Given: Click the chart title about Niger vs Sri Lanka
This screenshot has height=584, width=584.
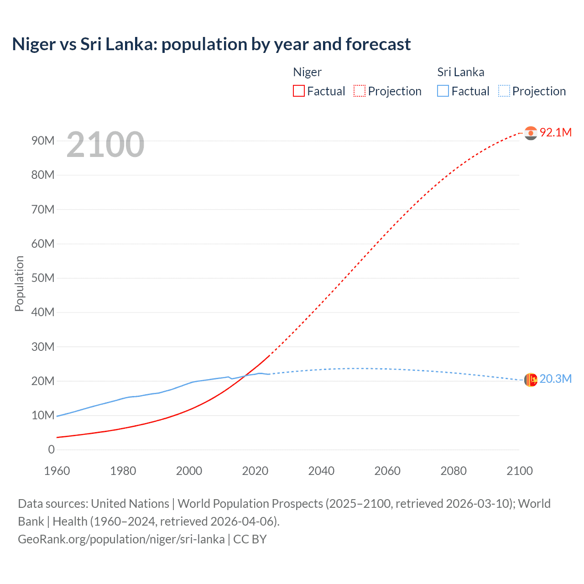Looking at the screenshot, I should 211,44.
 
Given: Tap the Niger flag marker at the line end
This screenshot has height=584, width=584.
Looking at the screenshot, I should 531,133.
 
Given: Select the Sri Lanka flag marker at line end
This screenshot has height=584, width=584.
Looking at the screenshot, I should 531,380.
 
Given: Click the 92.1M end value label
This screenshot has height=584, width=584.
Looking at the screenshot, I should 555,132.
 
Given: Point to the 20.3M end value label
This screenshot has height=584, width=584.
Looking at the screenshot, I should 555,379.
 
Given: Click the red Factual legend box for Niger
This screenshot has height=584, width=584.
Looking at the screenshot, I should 299,91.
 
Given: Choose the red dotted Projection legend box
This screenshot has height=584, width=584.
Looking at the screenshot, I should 360,91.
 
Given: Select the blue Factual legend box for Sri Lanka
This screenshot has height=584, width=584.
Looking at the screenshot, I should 443,91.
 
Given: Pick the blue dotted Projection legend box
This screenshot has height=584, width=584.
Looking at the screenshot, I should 504,91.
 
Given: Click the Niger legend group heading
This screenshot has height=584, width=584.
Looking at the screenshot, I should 307,72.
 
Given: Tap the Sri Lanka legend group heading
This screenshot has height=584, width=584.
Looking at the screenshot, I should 460,72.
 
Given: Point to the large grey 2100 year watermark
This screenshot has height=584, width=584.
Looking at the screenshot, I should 105,145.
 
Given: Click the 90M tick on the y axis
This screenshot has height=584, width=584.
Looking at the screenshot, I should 43,141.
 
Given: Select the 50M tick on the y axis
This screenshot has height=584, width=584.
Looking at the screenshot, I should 43,278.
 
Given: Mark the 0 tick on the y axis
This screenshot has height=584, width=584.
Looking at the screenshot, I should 51,449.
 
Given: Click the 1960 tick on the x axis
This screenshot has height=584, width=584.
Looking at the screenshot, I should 57,471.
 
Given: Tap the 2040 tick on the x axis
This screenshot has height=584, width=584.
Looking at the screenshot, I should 321,471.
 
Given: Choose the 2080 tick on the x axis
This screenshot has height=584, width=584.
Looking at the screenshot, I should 454,471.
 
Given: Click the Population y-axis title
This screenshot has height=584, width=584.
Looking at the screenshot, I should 19,283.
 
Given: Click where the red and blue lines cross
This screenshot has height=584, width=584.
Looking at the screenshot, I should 245,375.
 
